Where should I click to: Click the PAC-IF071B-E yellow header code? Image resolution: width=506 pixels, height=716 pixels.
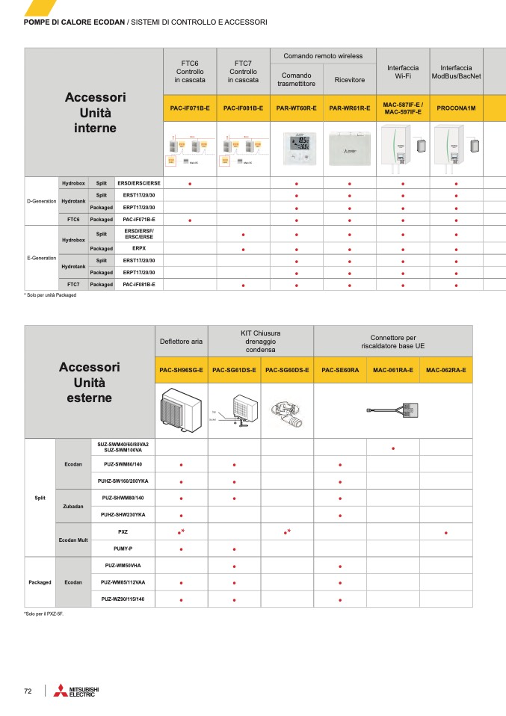point(189,108)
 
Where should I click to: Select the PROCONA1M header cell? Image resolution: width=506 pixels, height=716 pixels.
point(456,108)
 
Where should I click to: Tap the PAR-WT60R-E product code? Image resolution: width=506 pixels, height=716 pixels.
point(296,108)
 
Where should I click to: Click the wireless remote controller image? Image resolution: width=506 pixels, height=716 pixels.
point(296,147)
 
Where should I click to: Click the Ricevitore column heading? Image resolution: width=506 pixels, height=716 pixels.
point(349,79)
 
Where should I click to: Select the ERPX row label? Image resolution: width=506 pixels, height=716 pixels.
point(139,248)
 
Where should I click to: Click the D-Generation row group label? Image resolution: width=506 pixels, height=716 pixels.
point(41,201)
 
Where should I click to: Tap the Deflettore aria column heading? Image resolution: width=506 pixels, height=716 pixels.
point(181,342)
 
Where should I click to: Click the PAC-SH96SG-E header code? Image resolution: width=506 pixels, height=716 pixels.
point(181,370)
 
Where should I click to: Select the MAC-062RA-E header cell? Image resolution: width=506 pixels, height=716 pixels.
point(446,370)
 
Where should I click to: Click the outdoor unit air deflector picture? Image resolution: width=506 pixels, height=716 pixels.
point(181,411)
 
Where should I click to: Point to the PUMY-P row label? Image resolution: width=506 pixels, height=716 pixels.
point(123,549)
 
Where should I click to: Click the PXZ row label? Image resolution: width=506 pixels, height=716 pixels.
point(123,531)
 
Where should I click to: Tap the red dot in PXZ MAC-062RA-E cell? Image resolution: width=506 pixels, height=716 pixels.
point(446,533)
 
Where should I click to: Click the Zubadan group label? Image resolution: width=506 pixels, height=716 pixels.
point(73,506)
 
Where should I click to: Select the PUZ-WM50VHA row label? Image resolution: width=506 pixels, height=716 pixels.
point(123,566)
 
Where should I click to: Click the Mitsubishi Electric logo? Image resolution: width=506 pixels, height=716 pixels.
point(76,691)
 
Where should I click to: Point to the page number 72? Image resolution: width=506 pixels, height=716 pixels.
point(28,691)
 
